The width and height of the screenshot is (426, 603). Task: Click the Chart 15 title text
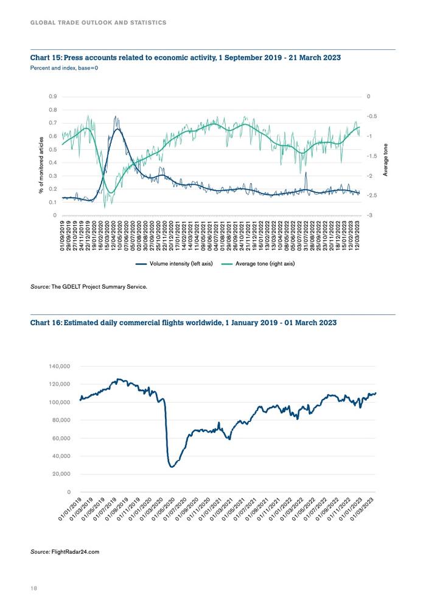coord(186,58)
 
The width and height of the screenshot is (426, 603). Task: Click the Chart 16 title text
coord(183,323)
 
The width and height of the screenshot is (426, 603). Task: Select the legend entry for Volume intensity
coord(174,264)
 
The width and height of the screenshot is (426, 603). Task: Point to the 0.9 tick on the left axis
coord(53,96)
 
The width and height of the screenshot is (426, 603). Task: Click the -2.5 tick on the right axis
coord(371,196)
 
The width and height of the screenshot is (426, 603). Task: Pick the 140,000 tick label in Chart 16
coord(60,366)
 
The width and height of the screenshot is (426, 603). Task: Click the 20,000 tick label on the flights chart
coord(61,474)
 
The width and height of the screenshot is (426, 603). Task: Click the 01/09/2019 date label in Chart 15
coord(63,236)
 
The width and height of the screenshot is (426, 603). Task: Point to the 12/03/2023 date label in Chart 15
coord(358,236)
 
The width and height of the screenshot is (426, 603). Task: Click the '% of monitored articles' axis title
coord(41,165)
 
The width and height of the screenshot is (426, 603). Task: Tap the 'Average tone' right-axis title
coord(385,160)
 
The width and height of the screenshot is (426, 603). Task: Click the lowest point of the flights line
coord(172,467)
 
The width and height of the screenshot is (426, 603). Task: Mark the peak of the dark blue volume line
coord(116,116)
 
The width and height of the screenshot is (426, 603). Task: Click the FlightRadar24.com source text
coord(65,552)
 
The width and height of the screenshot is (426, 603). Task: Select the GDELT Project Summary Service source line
coord(89,287)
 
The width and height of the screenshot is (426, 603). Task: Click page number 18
coord(34,588)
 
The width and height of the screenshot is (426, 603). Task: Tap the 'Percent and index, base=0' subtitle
coord(64,68)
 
